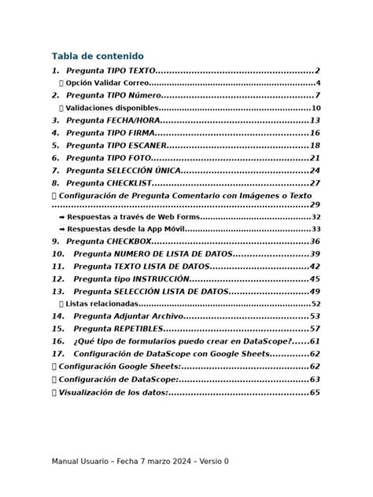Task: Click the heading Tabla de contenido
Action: pos(98,56)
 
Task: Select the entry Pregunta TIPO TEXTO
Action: pos(110,71)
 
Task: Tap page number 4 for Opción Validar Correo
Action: pos(317,83)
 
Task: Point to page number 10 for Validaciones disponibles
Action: pos(316,109)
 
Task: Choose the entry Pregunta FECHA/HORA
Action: pos(113,120)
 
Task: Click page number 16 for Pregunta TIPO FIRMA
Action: pos(314,133)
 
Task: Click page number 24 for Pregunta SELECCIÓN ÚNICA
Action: pos(314,170)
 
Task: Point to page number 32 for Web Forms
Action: pos(316,217)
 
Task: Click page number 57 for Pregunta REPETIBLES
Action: pos(314,328)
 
